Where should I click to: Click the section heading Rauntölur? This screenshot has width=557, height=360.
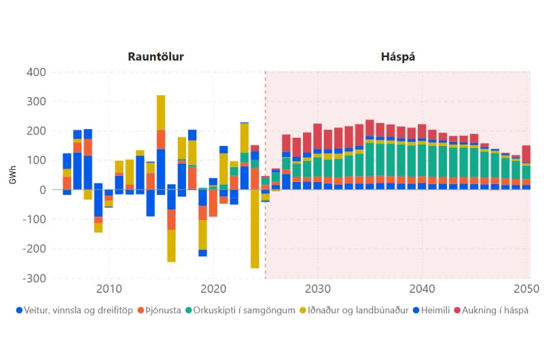click(x=156, y=56)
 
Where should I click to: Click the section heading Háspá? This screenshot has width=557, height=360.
click(x=398, y=56)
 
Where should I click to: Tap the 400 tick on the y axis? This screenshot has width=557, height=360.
click(x=36, y=72)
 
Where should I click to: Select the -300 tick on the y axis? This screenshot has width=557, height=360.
click(x=34, y=278)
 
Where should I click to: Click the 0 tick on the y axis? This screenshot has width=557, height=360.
click(x=42, y=190)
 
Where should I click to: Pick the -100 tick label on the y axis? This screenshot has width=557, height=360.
click(x=34, y=219)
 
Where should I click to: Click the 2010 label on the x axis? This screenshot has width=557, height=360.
click(x=110, y=289)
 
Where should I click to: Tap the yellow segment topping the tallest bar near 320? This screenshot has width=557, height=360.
click(x=161, y=112)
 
